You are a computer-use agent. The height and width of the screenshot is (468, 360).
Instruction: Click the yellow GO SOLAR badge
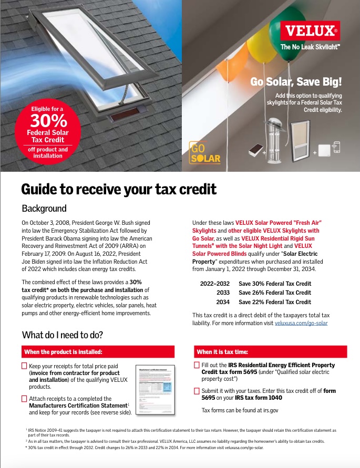[x=205, y=152]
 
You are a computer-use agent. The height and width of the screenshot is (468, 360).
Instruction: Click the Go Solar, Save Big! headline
[x=296, y=82]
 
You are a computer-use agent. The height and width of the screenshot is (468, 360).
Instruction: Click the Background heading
[x=44, y=208]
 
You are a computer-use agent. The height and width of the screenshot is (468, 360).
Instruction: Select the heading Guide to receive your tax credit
[x=118, y=189]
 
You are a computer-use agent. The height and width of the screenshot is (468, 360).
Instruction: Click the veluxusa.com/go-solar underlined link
[x=301, y=323]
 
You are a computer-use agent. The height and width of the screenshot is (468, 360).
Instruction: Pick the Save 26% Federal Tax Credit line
[x=274, y=293]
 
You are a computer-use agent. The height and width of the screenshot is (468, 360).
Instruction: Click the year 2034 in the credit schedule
[x=224, y=302]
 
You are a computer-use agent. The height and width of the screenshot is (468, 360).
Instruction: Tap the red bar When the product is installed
[x=98, y=351]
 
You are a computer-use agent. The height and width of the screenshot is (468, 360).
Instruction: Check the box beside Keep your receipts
[x=24, y=366]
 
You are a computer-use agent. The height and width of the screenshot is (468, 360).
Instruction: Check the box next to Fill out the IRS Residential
[x=197, y=365]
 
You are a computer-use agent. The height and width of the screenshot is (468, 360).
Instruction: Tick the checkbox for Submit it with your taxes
[x=197, y=391]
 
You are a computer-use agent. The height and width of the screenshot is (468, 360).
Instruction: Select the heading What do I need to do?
[x=63, y=335]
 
